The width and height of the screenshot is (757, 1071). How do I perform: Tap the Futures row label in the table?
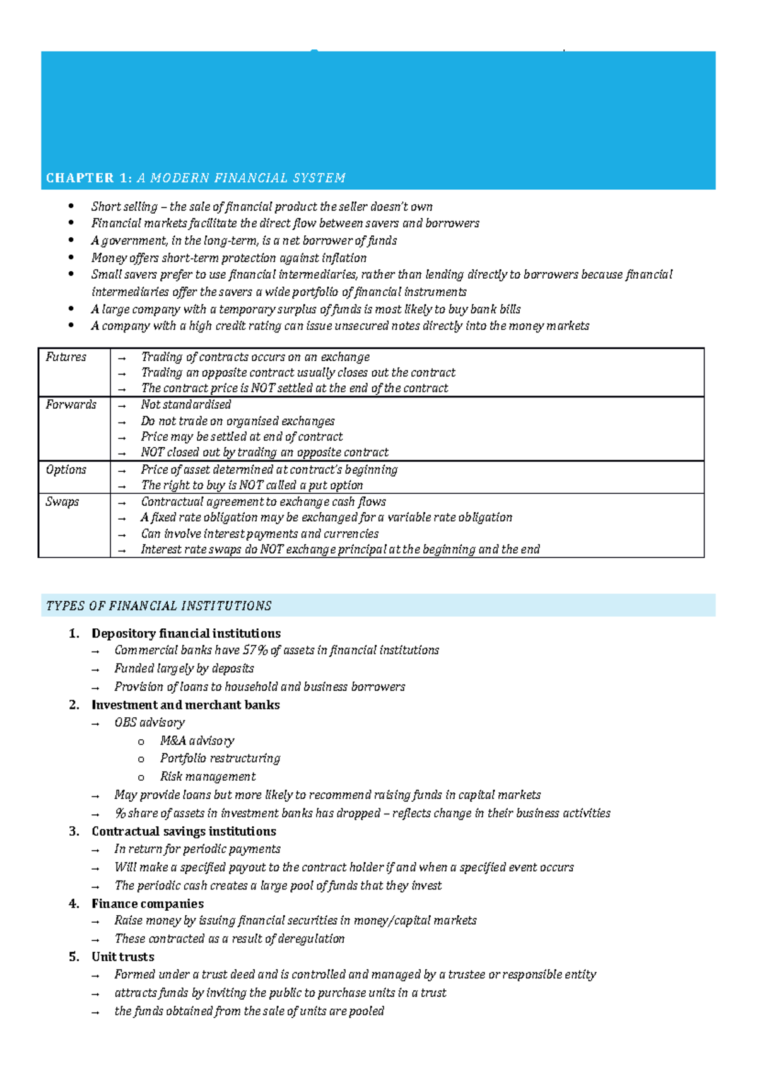point(66,357)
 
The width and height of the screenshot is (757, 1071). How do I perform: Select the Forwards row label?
point(71,404)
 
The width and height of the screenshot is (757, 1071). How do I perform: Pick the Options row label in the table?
point(66,469)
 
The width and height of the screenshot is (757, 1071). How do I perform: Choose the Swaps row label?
point(62,501)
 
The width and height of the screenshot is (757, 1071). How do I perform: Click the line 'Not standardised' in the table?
point(185,404)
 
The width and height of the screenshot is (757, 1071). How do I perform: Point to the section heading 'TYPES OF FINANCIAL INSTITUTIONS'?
point(158,606)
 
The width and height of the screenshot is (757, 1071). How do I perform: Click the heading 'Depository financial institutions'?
point(186,633)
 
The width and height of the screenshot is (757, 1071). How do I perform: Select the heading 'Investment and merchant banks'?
point(185,705)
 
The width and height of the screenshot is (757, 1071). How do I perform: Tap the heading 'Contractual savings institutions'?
point(184,831)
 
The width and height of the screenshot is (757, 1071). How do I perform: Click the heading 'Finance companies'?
point(148,904)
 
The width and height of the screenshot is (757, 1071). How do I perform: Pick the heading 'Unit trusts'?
point(122,957)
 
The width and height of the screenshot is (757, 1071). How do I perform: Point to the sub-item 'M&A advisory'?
point(197,740)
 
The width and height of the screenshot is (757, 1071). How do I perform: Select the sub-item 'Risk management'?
point(208,776)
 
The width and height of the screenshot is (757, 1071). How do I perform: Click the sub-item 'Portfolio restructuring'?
point(220,758)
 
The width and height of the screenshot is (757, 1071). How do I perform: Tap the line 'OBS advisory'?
point(150,722)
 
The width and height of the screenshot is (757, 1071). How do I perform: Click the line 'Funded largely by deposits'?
point(184,669)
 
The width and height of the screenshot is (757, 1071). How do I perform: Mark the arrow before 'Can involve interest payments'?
point(122,534)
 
